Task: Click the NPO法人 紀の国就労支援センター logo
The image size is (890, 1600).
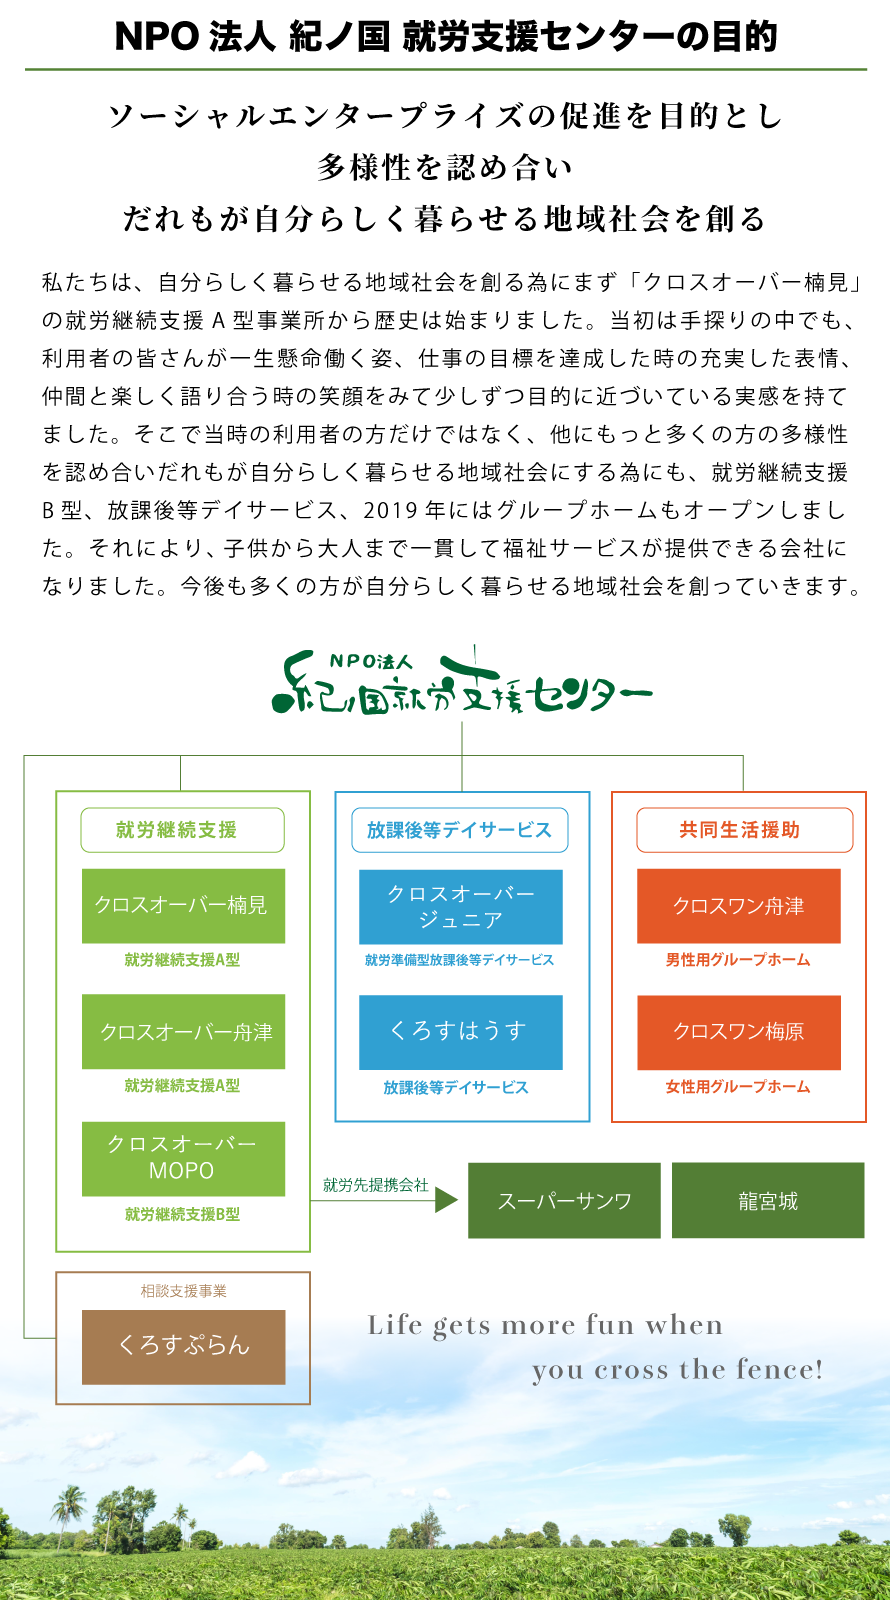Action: click(x=462, y=684)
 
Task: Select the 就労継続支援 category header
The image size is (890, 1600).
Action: click(x=182, y=830)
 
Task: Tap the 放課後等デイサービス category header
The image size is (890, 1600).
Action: click(x=460, y=830)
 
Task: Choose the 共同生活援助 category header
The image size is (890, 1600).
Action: click(x=744, y=830)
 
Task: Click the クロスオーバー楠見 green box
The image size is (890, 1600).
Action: click(x=183, y=905)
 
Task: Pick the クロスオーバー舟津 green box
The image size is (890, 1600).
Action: click(x=183, y=1031)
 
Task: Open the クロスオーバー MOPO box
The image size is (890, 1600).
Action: click(x=183, y=1158)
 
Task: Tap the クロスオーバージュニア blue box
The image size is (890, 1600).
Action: click(x=460, y=906)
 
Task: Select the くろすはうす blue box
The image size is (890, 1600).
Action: click(x=460, y=1031)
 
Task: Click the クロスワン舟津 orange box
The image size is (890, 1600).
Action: click(x=738, y=905)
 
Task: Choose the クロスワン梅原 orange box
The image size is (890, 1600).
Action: click(x=738, y=1031)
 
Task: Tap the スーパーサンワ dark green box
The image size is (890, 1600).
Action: click(x=564, y=1200)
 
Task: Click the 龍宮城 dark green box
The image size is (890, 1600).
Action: click(x=767, y=1200)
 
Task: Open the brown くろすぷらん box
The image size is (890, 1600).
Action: click(x=183, y=1346)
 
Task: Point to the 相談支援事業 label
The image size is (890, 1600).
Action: click(x=183, y=1291)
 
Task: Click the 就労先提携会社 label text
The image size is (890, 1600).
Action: click(x=375, y=1185)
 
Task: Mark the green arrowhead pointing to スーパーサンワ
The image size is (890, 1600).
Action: click(x=446, y=1200)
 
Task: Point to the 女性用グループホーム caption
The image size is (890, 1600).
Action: click(x=738, y=1087)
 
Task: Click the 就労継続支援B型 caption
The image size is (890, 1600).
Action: click(x=183, y=1214)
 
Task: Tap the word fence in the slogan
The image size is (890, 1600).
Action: click(x=779, y=1369)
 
